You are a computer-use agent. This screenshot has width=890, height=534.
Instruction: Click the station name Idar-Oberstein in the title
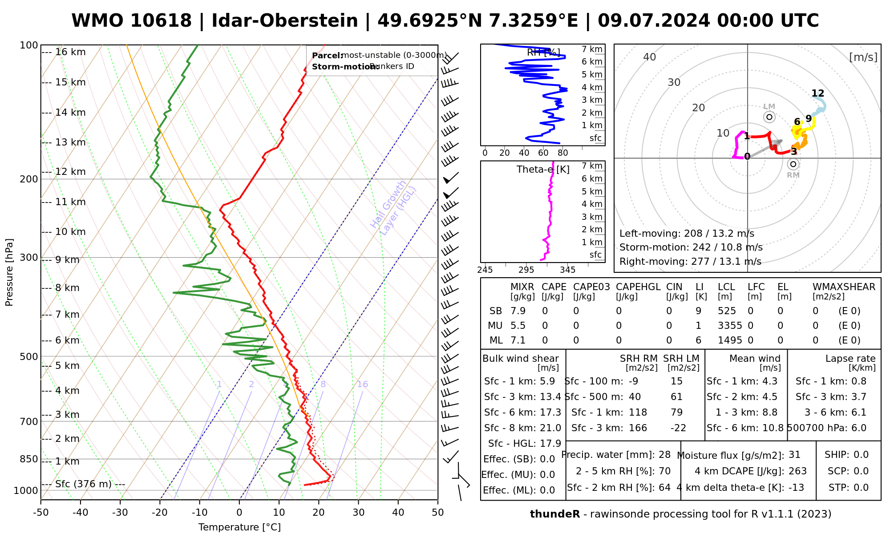[284, 21]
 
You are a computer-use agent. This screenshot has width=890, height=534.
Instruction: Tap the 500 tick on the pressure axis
[30, 356]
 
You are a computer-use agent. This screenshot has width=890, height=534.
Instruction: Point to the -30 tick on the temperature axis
[120, 513]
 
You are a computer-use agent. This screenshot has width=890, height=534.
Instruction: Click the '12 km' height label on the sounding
[70, 172]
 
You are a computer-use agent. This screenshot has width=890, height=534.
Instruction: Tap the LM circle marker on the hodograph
[769, 117]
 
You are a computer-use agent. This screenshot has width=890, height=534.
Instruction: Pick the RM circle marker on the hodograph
[793, 164]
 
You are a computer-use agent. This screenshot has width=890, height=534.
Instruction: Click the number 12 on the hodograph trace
[818, 93]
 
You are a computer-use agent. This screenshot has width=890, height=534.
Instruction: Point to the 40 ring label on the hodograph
[650, 57]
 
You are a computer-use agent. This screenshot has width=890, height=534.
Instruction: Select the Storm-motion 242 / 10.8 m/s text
[691, 247]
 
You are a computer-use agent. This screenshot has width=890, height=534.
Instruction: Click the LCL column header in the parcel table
[726, 287]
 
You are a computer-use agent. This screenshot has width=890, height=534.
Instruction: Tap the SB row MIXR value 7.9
[518, 311]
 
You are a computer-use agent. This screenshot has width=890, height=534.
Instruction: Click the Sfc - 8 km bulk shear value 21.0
[550, 428]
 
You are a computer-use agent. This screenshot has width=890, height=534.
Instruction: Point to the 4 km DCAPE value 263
[797, 471]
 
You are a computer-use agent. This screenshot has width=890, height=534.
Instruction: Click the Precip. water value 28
[664, 455]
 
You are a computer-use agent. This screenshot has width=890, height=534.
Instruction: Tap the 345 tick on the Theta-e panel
[567, 270]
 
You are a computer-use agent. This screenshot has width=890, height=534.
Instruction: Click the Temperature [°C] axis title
[239, 528]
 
